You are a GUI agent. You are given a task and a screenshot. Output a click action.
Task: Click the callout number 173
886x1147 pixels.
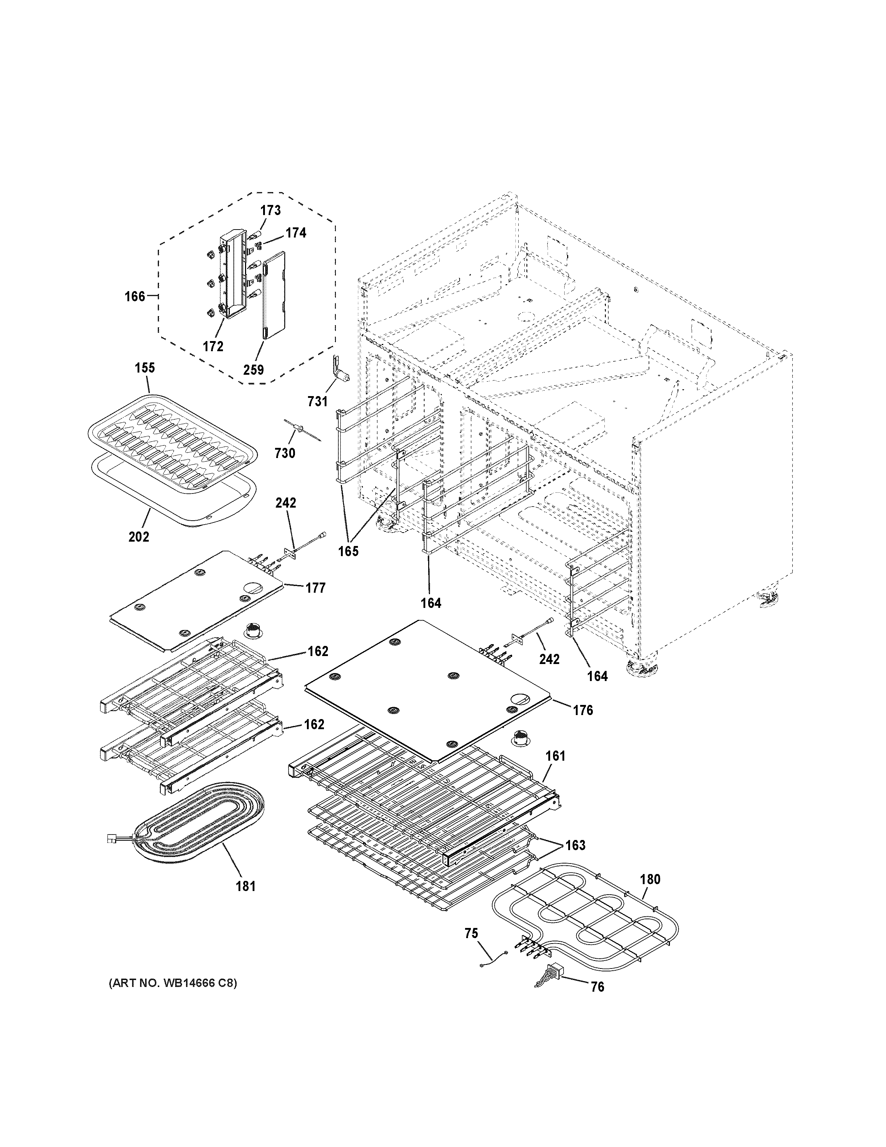coord(271,211)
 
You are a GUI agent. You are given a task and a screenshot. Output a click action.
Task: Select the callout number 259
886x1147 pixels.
coord(253,370)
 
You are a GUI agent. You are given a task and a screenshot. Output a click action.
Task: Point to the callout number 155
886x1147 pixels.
coord(145,367)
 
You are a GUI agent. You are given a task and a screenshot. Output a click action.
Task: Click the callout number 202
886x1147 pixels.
coord(139,537)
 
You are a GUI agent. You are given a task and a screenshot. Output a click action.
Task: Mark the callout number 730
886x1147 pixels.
coord(285,453)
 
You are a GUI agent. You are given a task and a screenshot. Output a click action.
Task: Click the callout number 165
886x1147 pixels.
coord(348,551)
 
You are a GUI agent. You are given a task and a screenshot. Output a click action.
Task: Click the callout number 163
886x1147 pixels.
coord(575,845)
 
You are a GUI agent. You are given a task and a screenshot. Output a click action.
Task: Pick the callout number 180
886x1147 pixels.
coord(650,879)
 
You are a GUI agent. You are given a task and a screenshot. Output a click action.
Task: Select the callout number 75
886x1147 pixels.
coord(471,933)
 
